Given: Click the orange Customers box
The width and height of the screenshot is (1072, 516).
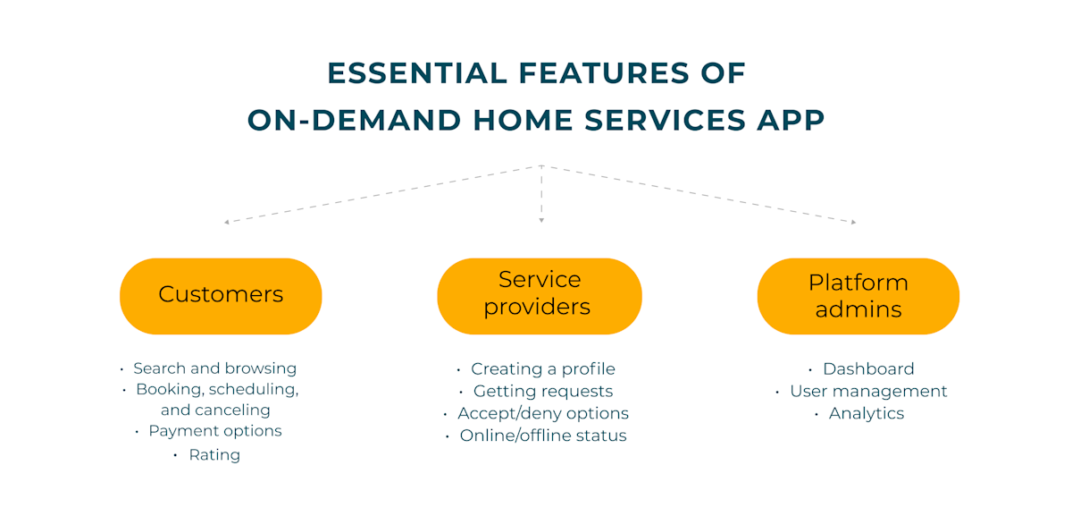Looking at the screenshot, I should [x=221, y=295].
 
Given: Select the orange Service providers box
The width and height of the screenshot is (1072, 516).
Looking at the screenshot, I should [x=539, y=295].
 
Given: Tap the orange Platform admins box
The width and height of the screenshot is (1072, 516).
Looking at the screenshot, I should [x=858, y=296].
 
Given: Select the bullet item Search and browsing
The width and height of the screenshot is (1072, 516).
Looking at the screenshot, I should [x=214, y=368].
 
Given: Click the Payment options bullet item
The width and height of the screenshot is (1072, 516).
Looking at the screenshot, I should [x=214, y=431].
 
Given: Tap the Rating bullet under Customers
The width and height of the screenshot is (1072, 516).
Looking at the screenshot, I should [x=214, y=455].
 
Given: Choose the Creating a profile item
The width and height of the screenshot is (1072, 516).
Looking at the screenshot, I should [x=542, y=369].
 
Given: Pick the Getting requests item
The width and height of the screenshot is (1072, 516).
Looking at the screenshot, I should [x=542, y=392].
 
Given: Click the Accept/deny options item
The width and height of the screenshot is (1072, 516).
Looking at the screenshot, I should [x=542, y=414].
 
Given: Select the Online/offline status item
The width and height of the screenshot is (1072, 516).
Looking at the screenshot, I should [x=542, y=436].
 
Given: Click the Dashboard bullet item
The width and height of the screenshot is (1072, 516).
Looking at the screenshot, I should [x=867, y=369].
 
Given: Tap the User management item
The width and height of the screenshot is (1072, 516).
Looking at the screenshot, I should [x=867, y=392].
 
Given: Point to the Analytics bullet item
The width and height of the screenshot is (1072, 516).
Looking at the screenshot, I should [x=866, y=414].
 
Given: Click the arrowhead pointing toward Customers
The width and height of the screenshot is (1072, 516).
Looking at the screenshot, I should [x=227, y=221].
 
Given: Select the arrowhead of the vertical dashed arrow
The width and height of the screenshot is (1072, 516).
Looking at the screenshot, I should [x=541, y=220].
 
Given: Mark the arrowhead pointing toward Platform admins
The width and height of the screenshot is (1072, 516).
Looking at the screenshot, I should [x=853, y=222].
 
